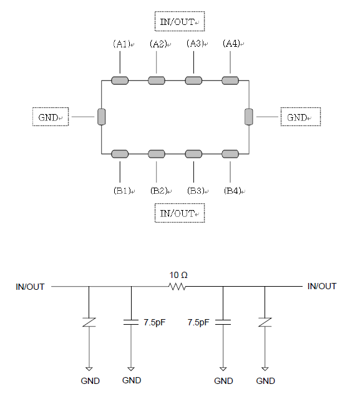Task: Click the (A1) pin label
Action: pyautogui.click(x=122, y=44)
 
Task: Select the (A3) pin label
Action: pyautogui.click(x=195, y=44)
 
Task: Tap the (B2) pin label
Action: pyautogui.click(x=159, y=191)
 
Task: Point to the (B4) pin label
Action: pyautogui.click(x=233, y=191)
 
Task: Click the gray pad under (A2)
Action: pyautogui.click(x=157, y=80)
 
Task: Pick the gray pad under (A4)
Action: pyautogui.click(x=230, y=80)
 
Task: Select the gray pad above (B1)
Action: pyautogui.click(x=120, y=154)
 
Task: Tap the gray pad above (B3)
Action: pyautogui.click(x=193, y=154)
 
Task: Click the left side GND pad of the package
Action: pyautogui.click(x=101, y=117)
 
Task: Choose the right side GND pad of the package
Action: pyautogui.click(x=249, y=117)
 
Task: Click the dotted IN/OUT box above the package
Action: pyautogui.click(x=180, y=21)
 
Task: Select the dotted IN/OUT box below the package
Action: pyautogui.click(x=180, y=213)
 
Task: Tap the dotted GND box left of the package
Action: pyautogui.click(x=51, y=117)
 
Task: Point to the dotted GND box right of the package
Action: pyautogui.click(x=301, y=117)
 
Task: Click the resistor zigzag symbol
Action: pyautogui.click(x=177, y=287)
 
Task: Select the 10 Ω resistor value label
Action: pyautogui.click(x=178, y=275)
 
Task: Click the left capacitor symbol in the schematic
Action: pyautogui.click(x=131, y=322)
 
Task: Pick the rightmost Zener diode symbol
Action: pyautogui.click(x=265, y=322)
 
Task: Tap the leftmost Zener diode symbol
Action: pyautogui.click(x=89, y=322)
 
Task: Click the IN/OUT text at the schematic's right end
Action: pyautogui.click(x=322, y=286)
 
